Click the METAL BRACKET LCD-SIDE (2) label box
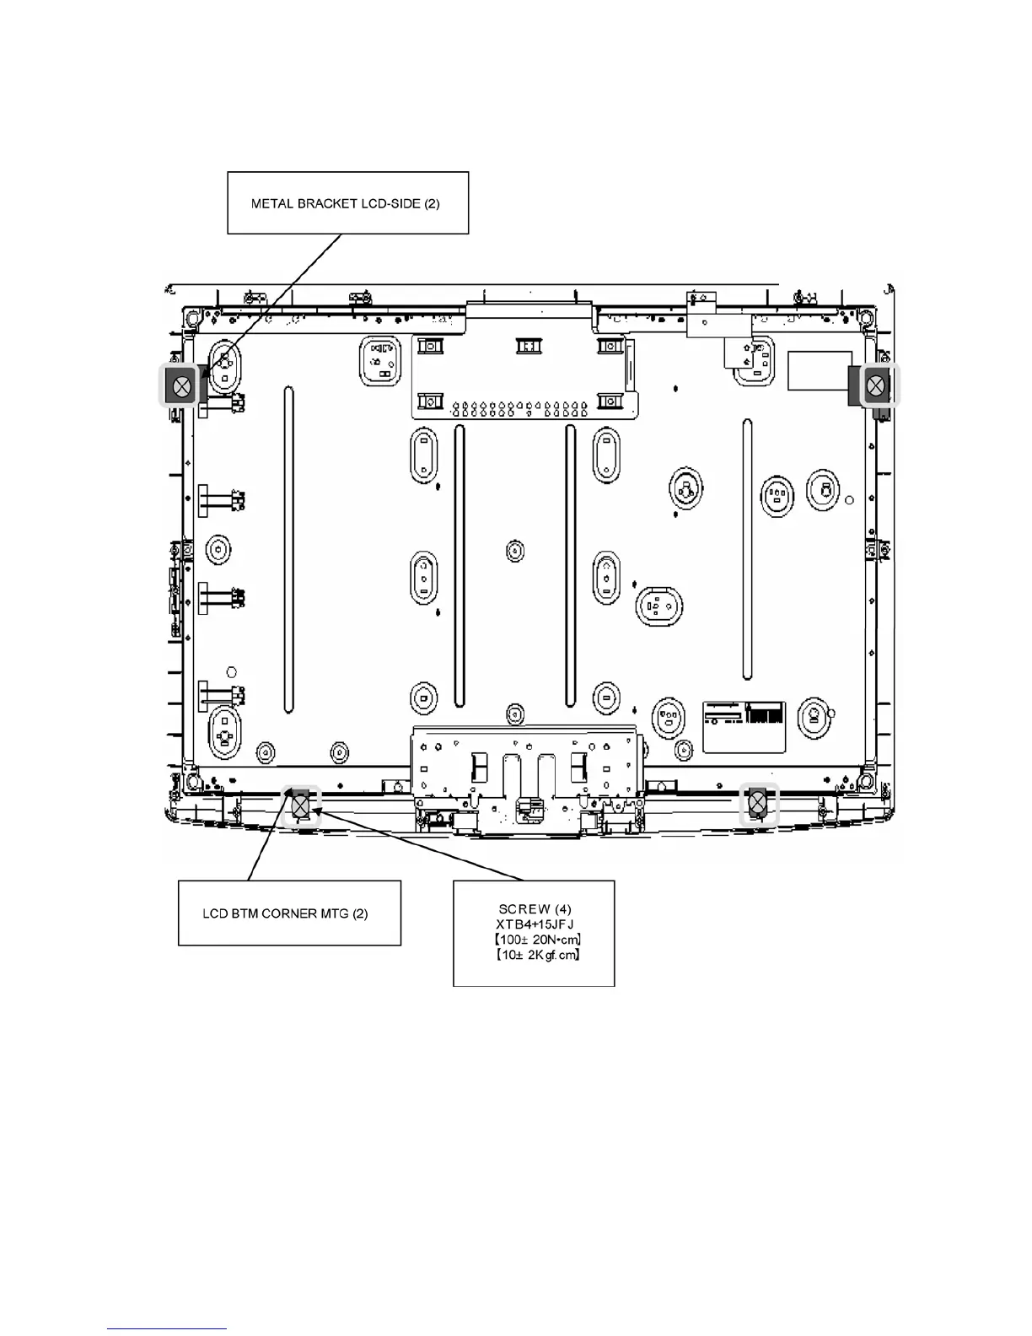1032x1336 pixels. pyautogui.click(x=347, y=203)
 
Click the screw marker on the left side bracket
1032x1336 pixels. pyautogui.click(x=181, y=388)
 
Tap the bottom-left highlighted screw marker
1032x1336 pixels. pyautogui.click(x=301, y=806)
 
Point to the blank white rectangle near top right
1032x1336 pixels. pyautogui.click(x=819, y=370)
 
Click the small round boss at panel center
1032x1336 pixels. pyautogui.click(x=515, y=551)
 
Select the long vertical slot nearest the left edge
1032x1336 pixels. pyautogui.click(x=288, y=548)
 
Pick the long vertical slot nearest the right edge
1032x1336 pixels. pyautogui.click(x=747, y=548)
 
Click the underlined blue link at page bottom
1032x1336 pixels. pyautogui.click(x=167, y=1329)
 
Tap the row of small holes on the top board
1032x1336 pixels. pyautogui.click(x=520, y=410)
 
